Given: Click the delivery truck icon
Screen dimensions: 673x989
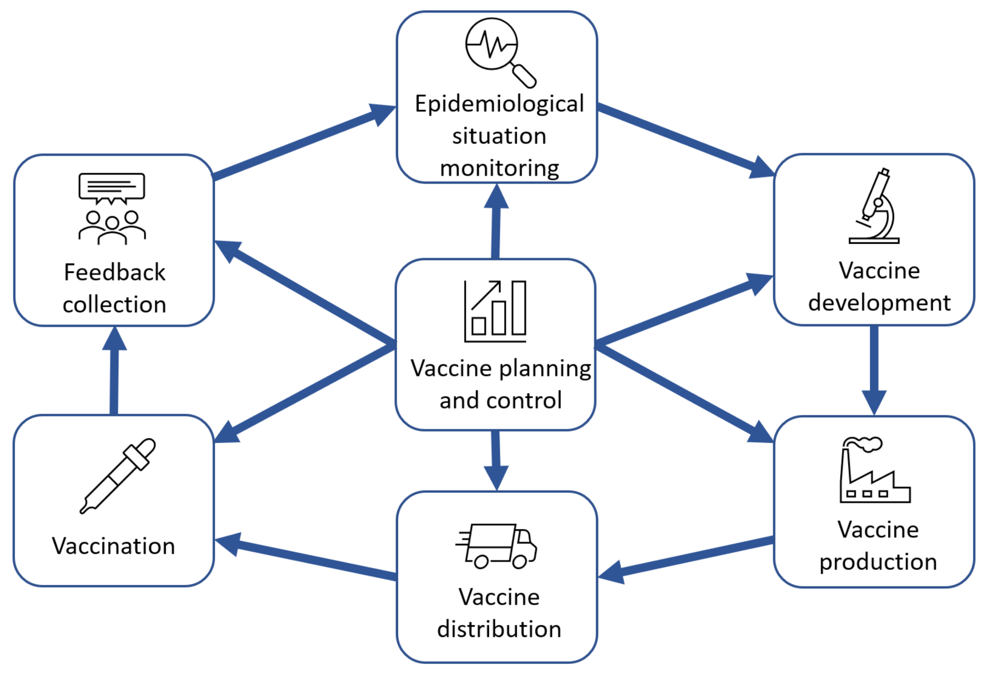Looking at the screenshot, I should [497, 545].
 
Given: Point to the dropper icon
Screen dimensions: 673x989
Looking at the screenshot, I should [118, 476].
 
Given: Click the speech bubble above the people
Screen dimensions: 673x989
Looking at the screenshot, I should [112, 188].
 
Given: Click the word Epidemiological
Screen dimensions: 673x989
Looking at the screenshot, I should [499, 104].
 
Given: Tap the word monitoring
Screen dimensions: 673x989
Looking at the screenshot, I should [499, 168].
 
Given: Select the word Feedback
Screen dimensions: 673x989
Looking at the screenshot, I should [114, 272].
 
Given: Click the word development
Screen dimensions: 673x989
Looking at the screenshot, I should [879, 303].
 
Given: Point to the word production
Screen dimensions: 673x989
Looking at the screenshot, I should [878, 562].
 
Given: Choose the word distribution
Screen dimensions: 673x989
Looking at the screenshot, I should [499, 630].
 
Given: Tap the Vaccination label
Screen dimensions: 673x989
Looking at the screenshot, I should [113, 546].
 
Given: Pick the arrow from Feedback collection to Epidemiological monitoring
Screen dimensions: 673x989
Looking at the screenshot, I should [303, 143].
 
